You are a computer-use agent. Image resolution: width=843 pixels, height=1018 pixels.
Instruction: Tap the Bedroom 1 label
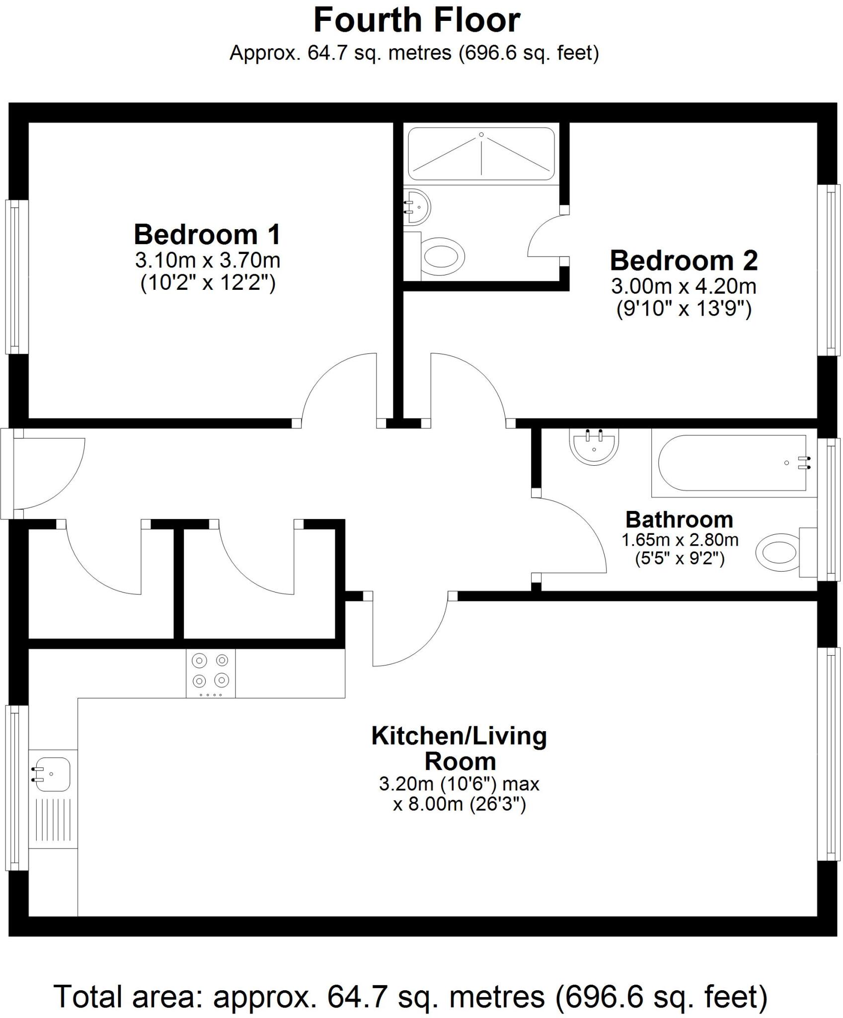point(207,235)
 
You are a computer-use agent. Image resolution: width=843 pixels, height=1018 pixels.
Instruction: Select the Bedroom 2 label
point(684,261)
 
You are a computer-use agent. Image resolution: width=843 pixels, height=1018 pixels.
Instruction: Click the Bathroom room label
point(679,520)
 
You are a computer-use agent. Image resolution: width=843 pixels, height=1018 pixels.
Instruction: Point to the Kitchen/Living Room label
point(459,749)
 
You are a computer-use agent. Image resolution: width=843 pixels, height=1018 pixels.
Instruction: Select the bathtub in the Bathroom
point(733,463)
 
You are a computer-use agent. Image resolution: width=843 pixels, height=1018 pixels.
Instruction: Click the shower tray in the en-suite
point(481,154)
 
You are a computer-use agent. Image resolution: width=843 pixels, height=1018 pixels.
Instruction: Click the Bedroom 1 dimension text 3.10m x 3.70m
point(207,260)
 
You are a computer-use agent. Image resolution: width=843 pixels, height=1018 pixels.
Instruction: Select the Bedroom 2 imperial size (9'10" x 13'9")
point(684,309)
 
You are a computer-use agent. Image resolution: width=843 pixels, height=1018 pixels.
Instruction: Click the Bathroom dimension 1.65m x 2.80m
point(680,540)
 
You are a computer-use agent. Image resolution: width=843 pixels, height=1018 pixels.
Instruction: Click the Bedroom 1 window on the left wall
point(16,277)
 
